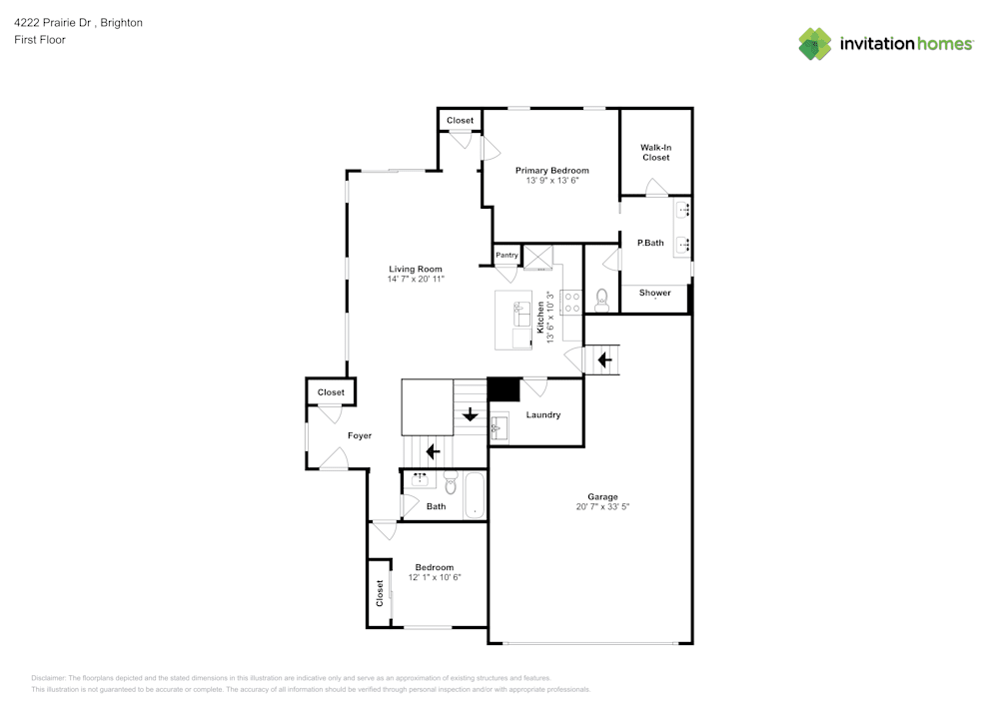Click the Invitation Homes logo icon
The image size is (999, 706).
[815, 44]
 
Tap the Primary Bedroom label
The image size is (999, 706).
[551, 171]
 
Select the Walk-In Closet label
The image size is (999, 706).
[655, 153]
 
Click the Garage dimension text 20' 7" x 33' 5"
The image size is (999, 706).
[602, 507]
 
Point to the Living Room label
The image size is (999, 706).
[416, 270]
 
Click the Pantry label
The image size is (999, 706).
[507, 256]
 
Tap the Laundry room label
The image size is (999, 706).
[543, 414]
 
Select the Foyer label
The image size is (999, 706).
[360, 436]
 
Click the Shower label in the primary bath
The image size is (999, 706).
[655, 293]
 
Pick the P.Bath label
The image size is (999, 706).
[650, 243]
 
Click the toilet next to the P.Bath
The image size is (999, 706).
[601, 299]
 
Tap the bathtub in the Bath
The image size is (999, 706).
[475, 496]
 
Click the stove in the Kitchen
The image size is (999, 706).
[572, 302]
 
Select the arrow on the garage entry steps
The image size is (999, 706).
[603, 357]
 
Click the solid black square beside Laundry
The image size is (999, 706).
[503, 389]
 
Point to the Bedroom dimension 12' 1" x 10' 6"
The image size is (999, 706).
[435, 577]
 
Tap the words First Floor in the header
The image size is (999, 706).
[39, 40]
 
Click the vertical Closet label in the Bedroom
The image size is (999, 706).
[380, 593]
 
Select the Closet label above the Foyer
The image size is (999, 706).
[331, 392]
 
